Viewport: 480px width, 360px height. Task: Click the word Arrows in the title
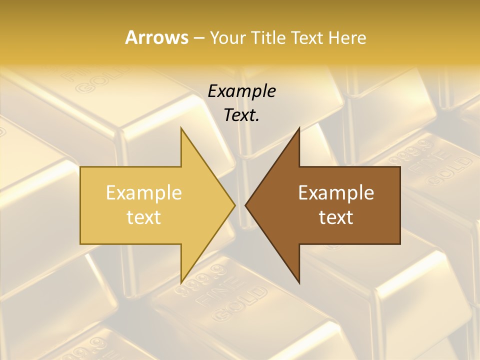coord(156,37)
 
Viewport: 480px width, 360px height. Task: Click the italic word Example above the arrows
coord(241,91)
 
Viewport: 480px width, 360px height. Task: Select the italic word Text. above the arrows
coord(241,115)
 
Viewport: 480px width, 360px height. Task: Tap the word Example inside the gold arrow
coord(143,193)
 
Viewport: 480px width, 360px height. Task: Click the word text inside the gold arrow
coord(143,217)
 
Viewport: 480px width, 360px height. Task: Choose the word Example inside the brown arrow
coord(336,193)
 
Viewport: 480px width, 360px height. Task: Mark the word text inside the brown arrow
coord(336,217)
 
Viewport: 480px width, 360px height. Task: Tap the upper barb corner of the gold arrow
coord(181,128)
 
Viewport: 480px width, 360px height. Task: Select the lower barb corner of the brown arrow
coord(299,282)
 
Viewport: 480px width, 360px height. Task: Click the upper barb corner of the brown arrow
coord(299,128)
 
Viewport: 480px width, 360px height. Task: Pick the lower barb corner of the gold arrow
coord(181,282)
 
